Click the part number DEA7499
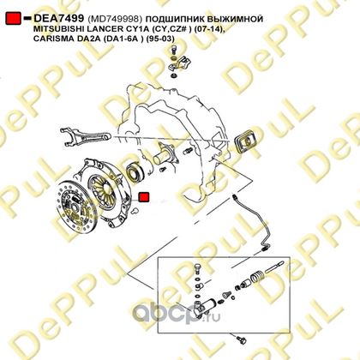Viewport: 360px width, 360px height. (58, 19)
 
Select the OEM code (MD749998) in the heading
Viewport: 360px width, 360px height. (115, 19)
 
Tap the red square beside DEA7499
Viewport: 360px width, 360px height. (13, 19)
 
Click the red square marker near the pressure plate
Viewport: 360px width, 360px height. (143, 197)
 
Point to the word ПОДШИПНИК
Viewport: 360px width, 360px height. (174, 19)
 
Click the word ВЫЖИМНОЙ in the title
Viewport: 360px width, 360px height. (234, 19)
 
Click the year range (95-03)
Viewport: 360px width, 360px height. (160, 39)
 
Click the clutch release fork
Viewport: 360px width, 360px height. (85, 135)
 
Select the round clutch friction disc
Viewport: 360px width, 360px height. (76, 204)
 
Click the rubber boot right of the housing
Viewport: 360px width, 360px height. (246, 142)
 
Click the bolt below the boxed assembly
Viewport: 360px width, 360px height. (240, 339)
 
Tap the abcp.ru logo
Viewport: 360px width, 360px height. (177, 314)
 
